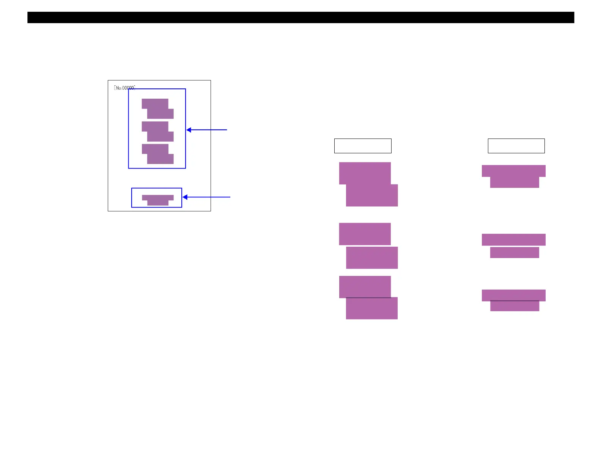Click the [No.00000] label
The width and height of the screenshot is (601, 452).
[x=124, y=88]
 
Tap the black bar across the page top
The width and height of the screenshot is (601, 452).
[x=300, y=17]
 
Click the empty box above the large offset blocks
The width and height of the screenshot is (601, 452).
[x=362, y=146]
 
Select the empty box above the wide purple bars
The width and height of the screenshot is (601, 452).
[x=516, y=146]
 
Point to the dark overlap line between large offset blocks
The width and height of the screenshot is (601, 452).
[x=368, y=298]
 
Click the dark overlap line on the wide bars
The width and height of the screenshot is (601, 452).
[x=514, y=301]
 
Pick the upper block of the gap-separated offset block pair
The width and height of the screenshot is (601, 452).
[x=365, y=234]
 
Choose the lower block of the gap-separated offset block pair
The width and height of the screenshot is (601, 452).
[x=372, y=258]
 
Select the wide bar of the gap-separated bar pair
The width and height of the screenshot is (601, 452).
[x=513, y=239]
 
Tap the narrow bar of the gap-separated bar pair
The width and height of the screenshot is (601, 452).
[x=514, y=252]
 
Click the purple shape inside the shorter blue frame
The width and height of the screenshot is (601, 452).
[x=158, y=200]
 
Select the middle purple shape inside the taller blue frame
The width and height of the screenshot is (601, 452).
[x=158, y=131]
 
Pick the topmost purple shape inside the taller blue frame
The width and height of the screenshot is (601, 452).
[x=158, y=109]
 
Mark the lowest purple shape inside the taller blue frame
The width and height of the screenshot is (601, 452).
[x=158, y=154]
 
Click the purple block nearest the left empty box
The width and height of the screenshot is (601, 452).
[x=365, y=173]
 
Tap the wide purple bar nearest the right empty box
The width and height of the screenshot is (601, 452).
[x=513, y=171]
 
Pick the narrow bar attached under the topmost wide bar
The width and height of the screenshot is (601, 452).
[x=514, y=182]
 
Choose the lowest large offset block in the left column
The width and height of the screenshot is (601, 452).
[x=372, y=309]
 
